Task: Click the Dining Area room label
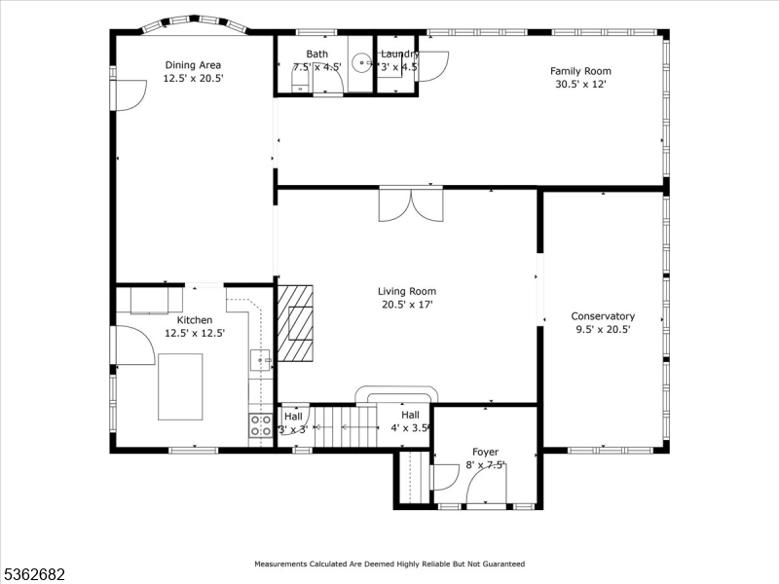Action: click(x=193, y=65)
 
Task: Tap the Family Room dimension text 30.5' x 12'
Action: click(x=580, y=84)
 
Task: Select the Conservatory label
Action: click(x=603, y=315)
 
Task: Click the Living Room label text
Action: click(x=407, y=291)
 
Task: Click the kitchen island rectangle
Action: click(x=180, y=386)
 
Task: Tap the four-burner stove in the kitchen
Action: click(x=261, y=424)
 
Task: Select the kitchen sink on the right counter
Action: click(x=262, y=360)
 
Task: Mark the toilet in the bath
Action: click(x=302, y=79)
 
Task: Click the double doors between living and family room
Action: click(x=410, y=205)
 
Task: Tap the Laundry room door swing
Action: click(x=434, y=64)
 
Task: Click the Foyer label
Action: click(x=485, y=452)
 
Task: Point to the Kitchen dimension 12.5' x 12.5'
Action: click(x=195, y=333)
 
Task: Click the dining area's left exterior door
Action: click(x=128, y=94)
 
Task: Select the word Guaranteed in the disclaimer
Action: click(x=498, y=564)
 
